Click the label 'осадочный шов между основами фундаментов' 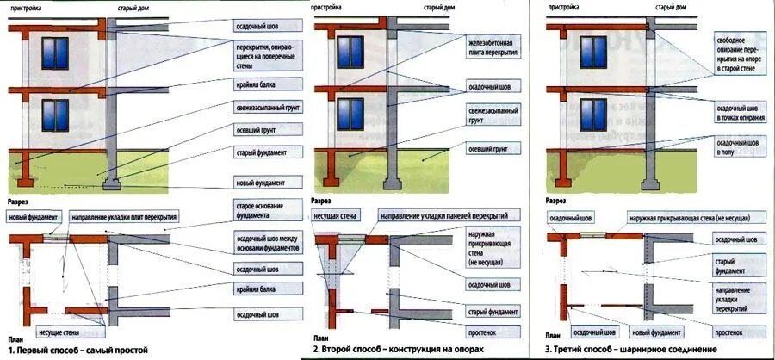point(267,242)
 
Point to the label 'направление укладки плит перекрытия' point(124,218)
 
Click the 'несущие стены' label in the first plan point(59,330)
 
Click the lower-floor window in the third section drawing point(592,115)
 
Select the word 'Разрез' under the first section point(18,201)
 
